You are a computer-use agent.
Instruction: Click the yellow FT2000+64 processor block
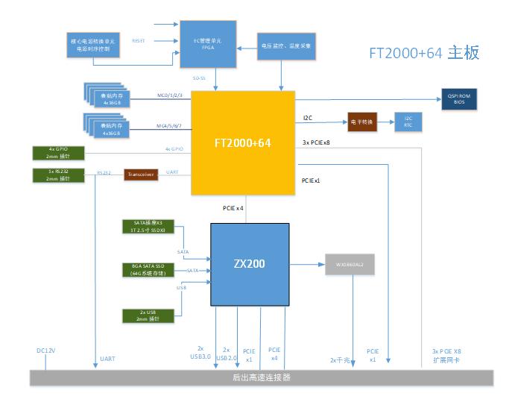click(x=243, y=142)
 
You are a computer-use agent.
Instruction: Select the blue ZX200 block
click(x=249, y=264)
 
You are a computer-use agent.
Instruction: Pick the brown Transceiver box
click(x=140, y=174)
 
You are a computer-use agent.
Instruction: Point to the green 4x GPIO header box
click(x=58, y=152)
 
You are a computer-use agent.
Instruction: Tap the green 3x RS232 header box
click(x=58, y=175)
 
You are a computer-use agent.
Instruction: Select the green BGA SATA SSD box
click(x=151, y=269)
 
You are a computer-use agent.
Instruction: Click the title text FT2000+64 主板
click(x=424, y=53)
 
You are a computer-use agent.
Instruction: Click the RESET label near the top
click(x=139, y=40)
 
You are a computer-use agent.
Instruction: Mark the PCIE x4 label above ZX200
click(x=233, y=207)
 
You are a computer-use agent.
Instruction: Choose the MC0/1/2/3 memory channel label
click(x=169, y=95)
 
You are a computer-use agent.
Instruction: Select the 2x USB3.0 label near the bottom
click(x=200, y=353)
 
